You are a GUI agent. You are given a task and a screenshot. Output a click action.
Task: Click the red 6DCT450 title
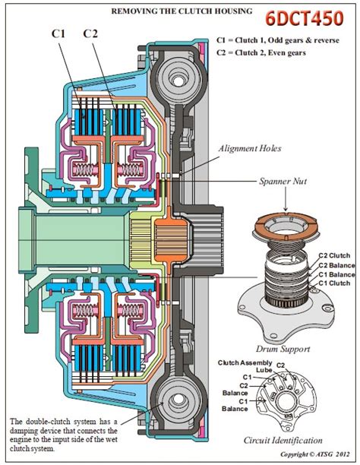305,18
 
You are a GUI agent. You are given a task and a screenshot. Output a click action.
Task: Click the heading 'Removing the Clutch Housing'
182,11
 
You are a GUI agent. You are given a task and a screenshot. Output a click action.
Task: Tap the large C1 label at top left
58,33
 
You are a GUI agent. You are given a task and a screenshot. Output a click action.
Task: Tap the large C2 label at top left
90,33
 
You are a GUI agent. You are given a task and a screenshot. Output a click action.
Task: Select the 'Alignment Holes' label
250,148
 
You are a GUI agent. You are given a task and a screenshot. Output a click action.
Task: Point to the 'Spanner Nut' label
283,181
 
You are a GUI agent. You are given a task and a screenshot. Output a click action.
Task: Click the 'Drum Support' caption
283,349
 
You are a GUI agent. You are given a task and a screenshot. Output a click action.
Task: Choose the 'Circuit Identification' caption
283,440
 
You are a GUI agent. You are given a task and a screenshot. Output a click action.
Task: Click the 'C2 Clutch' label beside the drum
334,255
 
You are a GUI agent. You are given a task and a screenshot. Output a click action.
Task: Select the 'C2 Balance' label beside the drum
336,265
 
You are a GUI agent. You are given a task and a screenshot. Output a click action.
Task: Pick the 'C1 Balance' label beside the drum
336,274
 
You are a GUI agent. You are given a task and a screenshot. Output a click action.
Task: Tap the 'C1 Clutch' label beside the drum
334,283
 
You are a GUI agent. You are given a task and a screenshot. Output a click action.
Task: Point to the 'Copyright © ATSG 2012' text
315,454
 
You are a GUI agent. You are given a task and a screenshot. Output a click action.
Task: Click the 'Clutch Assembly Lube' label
245,366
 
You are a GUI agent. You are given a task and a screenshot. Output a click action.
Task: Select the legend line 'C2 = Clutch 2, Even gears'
261,52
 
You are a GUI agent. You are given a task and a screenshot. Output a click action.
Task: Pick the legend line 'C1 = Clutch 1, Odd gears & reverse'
278,40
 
